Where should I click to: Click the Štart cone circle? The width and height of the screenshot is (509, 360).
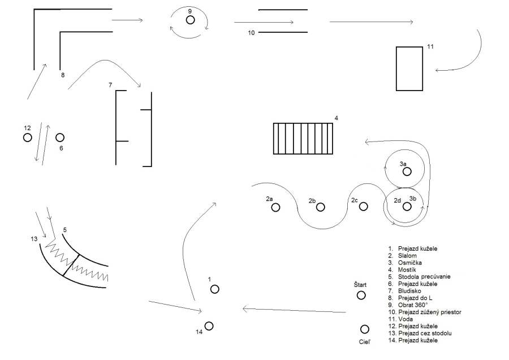[x=361, y=295]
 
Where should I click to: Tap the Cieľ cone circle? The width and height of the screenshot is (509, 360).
[x=365, y=329]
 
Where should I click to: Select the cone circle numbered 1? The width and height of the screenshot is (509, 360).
[x=214, y=289]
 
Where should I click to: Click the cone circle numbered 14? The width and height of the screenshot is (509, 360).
[x=209, y=325]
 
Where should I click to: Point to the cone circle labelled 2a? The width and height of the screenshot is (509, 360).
[x=275, y=208]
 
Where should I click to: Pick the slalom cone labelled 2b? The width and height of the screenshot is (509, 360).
[x=321, y=207]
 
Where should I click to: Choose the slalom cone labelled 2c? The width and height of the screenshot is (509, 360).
[x=363, y=207]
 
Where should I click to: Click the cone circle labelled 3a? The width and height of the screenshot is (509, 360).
[x=407, y=171]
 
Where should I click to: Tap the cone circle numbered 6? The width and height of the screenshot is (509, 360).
[x=60, y=138]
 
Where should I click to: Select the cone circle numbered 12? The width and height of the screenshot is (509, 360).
[x=27, y=138]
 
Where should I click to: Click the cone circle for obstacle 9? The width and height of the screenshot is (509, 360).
[x=191, y=20]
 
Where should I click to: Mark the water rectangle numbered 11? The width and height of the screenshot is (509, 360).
[x=409, y=68]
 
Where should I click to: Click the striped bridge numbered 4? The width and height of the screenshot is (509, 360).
[x=303, y=138]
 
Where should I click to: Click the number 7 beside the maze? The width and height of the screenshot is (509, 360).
[x=110, y=85]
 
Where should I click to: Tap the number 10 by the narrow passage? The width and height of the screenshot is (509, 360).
[x=252, y=33]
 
